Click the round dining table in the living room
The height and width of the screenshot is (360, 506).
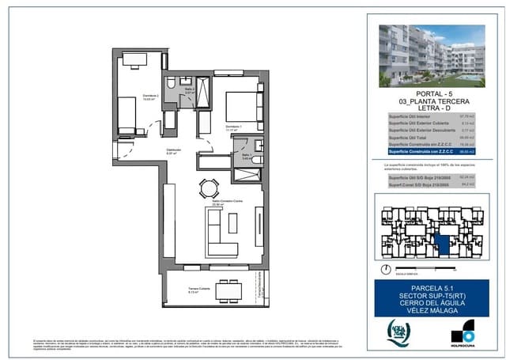click(x=209, y=188)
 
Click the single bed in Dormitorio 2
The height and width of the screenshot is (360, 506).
click(x=126, y=117)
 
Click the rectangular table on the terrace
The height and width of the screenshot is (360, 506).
click(x=228, y=290)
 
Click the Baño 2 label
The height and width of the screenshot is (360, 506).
click(x=191, y=90)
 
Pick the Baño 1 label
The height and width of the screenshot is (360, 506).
click(x=246, y=156)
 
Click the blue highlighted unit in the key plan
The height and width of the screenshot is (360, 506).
click(x=443, y=243)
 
